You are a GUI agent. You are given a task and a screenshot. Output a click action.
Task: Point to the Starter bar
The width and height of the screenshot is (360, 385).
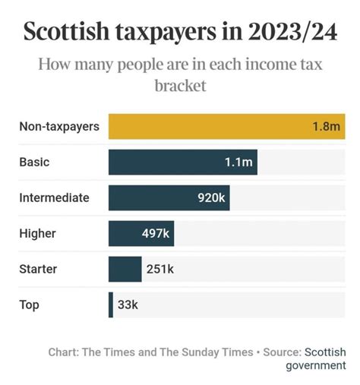(125, 269)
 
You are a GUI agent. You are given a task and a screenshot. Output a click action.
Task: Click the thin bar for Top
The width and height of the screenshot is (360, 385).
(111, 305)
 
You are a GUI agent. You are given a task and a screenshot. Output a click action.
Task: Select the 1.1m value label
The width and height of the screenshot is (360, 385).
(238, 162)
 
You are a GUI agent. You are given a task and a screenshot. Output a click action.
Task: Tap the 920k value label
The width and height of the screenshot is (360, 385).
(210, 197)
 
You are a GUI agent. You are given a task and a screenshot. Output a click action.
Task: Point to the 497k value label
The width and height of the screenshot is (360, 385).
(154, 233)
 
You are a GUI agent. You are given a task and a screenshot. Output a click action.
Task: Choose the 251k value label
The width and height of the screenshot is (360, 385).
(159, 269)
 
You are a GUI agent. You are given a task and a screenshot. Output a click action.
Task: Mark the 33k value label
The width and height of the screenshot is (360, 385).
(128, 305)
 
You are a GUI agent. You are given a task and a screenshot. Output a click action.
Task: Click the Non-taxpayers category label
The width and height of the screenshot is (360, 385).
(59, 126)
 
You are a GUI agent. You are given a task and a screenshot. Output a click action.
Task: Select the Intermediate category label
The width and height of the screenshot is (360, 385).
(54, 197)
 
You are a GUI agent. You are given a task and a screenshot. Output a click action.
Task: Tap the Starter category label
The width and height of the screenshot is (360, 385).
(38, 269)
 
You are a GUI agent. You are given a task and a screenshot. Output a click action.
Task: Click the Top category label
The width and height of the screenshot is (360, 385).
(29, 305)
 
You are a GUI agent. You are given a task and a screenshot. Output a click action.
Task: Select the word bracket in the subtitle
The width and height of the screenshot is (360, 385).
(180, 86)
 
